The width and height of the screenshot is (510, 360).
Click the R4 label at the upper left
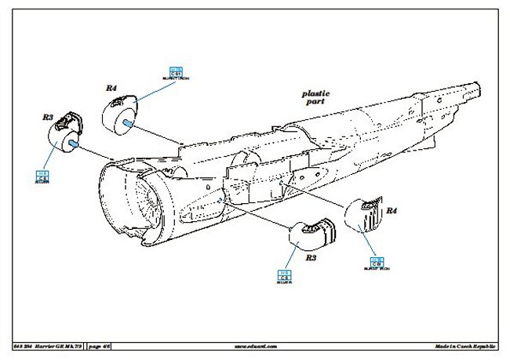tap(111, 89)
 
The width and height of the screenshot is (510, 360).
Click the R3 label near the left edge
tap(48, 117)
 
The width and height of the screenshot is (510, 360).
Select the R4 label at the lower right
tap(392, 210)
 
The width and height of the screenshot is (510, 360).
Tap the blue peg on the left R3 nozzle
tap(73, 144)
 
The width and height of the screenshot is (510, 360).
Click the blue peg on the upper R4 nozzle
tap(127, 122)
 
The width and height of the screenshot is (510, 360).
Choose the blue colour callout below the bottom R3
tap(284, 276)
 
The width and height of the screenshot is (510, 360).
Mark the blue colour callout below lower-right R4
tap(377, 264)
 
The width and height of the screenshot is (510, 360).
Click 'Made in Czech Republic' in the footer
tap(465, 346)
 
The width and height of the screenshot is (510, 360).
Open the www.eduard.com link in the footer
tap(255, 346)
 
